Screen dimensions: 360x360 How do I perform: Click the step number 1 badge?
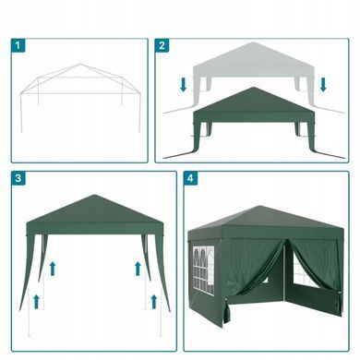click(x=18, y=45)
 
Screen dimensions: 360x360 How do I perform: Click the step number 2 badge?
click(x=162, y=45)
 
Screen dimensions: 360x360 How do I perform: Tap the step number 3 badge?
click(x=18, y=178)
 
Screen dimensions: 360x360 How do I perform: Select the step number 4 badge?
click(x=191, y=178)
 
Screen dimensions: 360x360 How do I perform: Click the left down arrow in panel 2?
click(x=184, y=85)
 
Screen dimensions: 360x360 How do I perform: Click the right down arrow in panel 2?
click(x=323, y=85)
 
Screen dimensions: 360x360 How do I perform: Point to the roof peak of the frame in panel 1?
click(x=80, y=64)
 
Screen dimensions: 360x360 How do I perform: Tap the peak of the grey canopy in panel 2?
click(x=253, y=42)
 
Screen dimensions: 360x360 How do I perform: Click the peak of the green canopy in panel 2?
click(x=253, y=88)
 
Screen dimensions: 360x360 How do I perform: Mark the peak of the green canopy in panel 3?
click(x=94, y=196)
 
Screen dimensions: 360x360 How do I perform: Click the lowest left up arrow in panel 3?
click(x=36, y=302)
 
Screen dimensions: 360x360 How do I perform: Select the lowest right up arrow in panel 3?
click(x=154, y=302)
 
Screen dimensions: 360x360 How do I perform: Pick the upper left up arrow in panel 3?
click(x=53, y=269)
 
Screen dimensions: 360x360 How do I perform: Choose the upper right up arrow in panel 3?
click(x=138, y=269)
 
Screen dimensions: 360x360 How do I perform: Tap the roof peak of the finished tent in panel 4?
click(x=261, y=207)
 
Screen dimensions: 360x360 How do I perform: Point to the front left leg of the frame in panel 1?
click(x=21, y=113)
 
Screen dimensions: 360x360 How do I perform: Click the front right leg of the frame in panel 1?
click(x=139, y=113)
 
